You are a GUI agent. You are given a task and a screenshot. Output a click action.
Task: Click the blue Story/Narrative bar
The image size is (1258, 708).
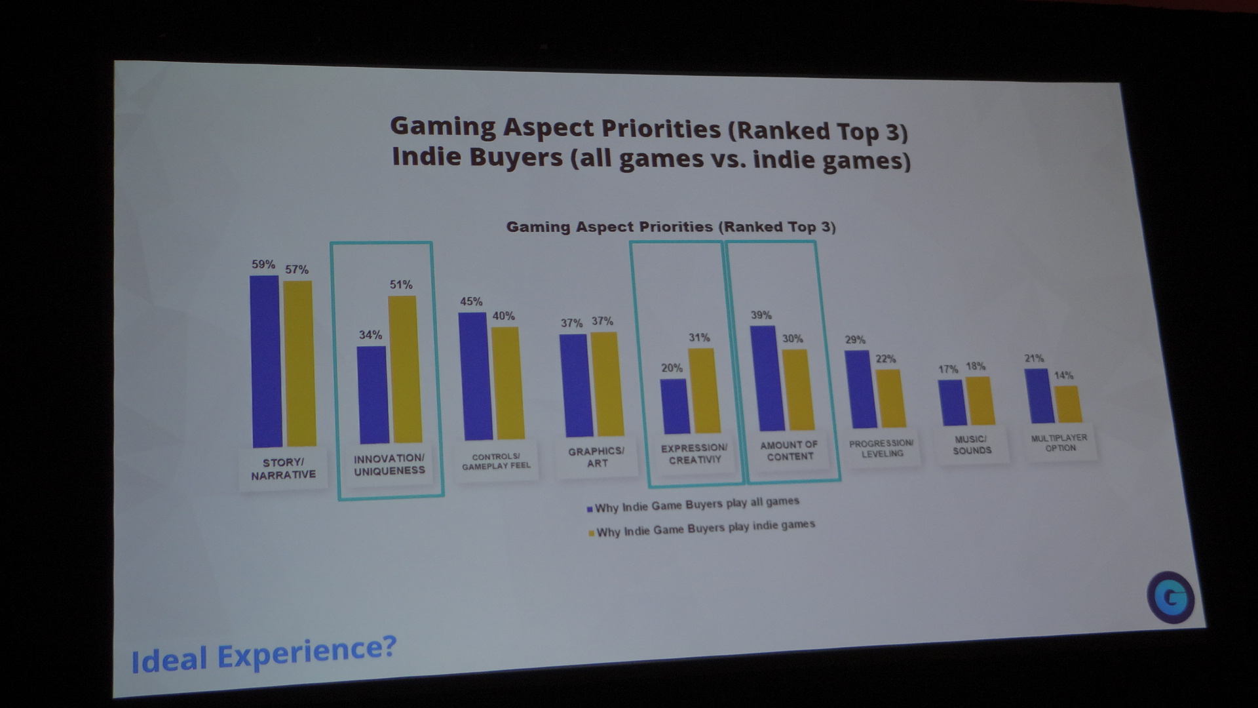point(266,361)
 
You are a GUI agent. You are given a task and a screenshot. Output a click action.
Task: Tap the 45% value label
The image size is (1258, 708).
point(471,302)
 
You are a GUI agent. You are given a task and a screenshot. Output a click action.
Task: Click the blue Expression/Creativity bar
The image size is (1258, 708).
point(674,406)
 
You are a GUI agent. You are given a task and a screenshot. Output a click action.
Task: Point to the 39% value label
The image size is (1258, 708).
point(761,315)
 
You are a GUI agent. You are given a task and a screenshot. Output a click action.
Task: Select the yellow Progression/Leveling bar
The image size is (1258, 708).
point(890,398)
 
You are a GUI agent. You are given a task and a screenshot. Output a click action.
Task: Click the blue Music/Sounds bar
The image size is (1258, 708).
point(952,403)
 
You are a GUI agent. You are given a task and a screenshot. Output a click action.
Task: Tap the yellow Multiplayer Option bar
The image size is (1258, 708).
point(1067,404)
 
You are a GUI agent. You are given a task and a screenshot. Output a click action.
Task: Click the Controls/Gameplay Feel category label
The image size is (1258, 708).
point(496,462)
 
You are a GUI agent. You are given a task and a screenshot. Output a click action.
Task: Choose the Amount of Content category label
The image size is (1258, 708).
point(790,450)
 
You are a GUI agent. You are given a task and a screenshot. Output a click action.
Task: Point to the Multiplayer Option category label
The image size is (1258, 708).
point(1059,442)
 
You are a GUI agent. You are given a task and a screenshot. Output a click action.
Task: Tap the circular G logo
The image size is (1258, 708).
point(1170,597)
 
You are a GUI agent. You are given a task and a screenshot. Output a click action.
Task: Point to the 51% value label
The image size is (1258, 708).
point(401,285)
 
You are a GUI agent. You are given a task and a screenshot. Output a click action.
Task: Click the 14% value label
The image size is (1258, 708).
point(1063,376)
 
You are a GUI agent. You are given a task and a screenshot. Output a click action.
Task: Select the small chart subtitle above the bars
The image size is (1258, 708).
point(671,227)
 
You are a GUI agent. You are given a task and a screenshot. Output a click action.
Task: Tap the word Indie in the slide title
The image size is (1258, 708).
point(427,157)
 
